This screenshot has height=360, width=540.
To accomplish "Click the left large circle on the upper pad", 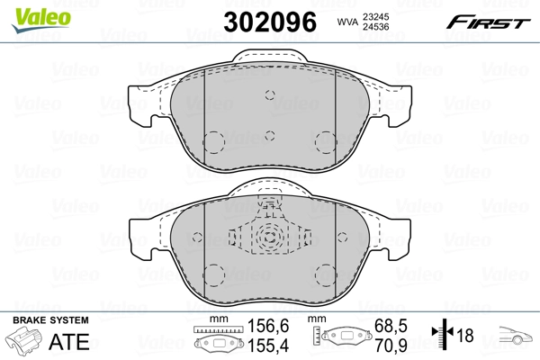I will (214, 141).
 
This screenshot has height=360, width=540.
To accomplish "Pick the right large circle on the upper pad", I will (326, 141).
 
